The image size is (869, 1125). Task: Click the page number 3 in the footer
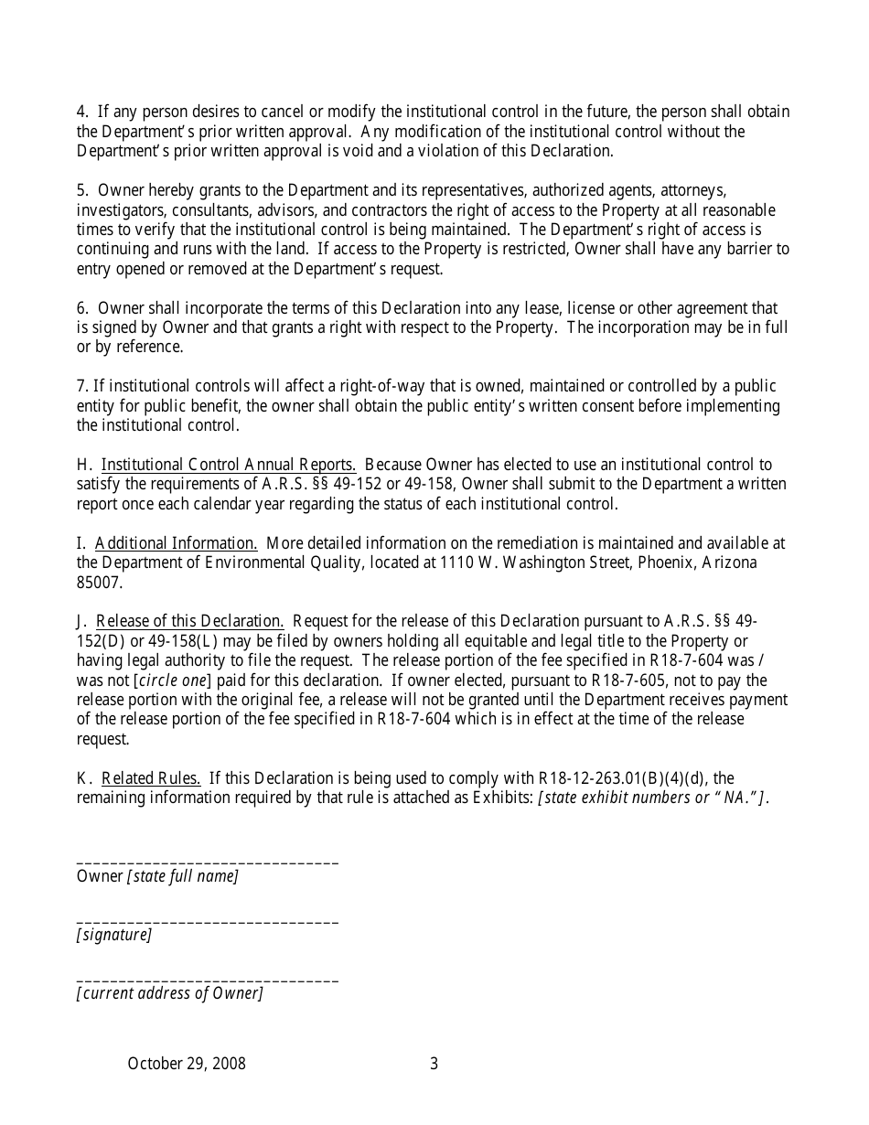[434, 1064]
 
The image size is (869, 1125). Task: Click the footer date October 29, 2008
[187, 1064]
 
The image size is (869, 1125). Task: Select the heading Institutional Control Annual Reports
[229, 465]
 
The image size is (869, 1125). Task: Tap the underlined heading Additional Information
[177, 543]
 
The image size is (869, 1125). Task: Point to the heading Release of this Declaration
[189, 622]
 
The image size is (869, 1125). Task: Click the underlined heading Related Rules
[151, 778]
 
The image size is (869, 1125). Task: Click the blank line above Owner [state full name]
[208, 862]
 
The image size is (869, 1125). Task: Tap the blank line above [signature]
[208, 921]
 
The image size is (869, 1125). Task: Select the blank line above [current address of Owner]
[208, 980]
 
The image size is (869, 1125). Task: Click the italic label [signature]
[114, 935]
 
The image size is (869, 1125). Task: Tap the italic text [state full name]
[183, 876]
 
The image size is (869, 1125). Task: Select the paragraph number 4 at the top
[81, 112]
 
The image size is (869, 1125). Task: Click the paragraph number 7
[81, 386]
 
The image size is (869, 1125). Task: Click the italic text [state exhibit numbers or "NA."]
[654, 798]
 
